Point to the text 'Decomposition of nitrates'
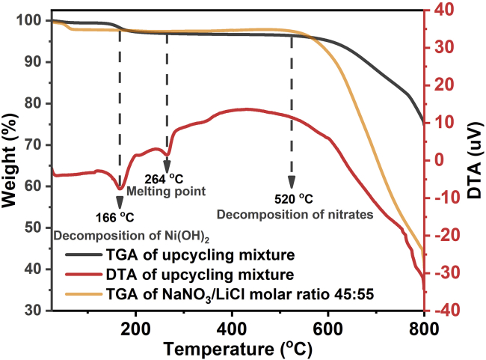[x=295, y=214]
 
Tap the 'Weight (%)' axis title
[x=11, y=161]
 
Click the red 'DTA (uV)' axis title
[x=476, y=161]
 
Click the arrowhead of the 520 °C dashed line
[x=292, y=183]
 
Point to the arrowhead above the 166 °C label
[x=119, y=202]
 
